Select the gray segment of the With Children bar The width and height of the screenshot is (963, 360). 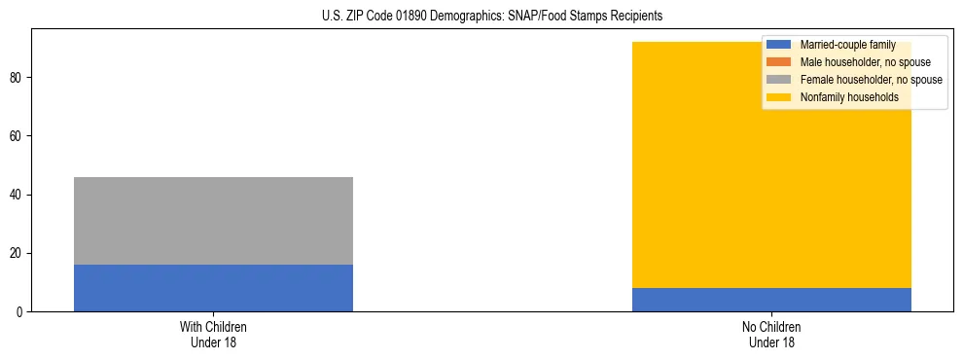213,221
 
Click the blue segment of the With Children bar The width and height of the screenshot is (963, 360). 213,288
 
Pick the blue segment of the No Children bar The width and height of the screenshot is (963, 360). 771,300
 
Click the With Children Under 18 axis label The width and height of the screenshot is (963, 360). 213,334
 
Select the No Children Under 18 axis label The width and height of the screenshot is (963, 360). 771,334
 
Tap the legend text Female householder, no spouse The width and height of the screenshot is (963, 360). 871,80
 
